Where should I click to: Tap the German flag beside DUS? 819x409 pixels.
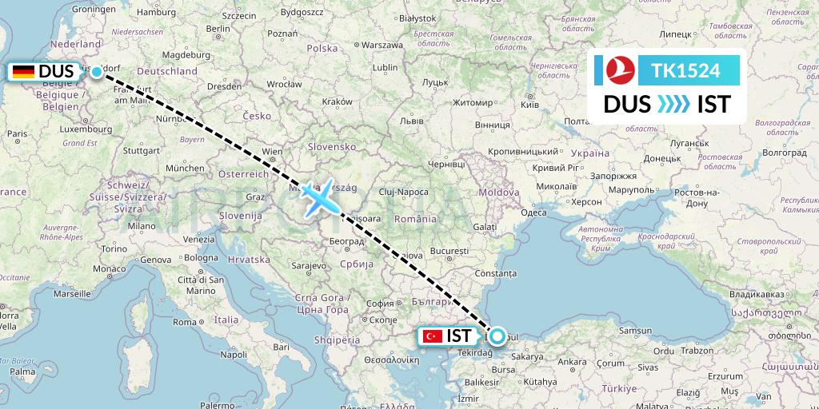(23, 72)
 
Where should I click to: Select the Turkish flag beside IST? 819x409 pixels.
(433, 336)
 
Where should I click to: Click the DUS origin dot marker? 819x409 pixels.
(97, 72)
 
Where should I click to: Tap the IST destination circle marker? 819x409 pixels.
(497, 336)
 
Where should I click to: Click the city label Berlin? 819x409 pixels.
(218, 28)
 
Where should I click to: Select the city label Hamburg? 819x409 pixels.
(156, 12)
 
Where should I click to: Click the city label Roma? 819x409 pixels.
(185, 321)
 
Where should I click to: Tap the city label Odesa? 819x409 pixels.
(533, 212)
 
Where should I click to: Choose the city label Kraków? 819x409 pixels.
(337, 101)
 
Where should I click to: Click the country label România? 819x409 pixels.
(420, 219)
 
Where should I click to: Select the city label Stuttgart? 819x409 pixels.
(143, 149)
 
